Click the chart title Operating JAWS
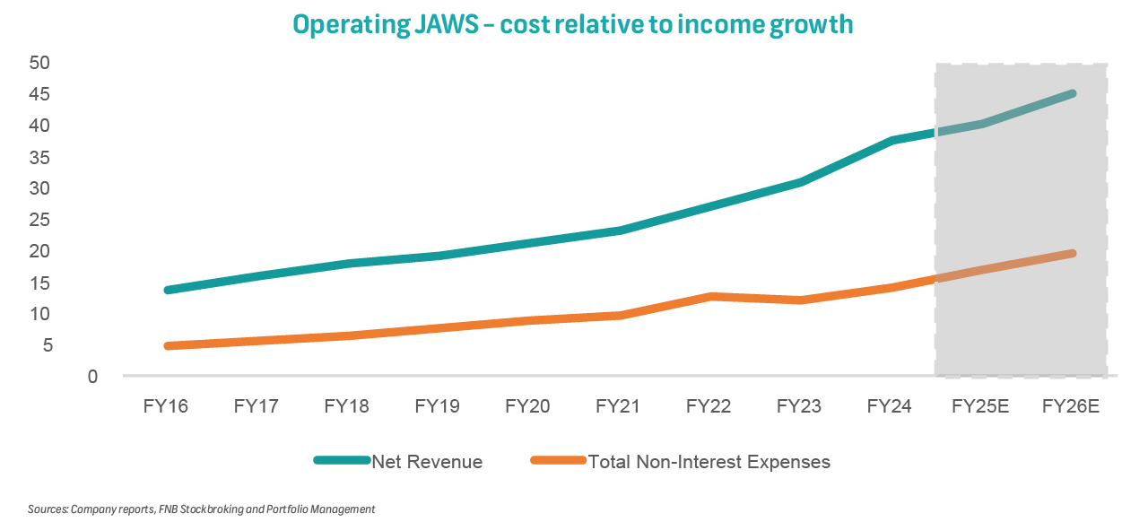[572, 24]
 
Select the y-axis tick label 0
[92, 377]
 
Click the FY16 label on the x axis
[166, 406]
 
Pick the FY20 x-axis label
[527, 406]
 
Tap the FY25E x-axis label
[980, 406]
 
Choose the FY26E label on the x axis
[1071, 406]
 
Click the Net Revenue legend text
[427, 462]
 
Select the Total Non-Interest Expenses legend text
[709, 462]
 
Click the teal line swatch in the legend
[342, 461]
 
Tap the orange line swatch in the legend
[557, 461]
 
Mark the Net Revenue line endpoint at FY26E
[1072, 93]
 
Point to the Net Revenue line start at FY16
[168, 290]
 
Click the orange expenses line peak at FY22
[710, 296]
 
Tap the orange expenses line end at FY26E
[1072, 254]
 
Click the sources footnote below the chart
[201, 509]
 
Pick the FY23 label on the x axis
[798, 406]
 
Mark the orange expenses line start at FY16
[168, 345]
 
